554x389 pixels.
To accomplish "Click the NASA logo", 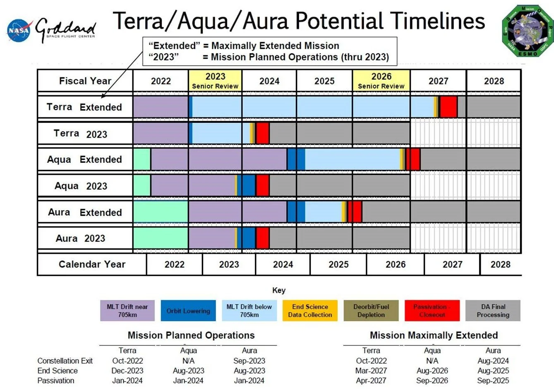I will [19, 30].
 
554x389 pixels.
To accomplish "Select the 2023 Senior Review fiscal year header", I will [215, 81].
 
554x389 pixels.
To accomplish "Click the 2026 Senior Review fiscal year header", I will [381, 81].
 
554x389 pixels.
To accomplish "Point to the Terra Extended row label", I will [84, 107].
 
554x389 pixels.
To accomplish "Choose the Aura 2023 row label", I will [81, 239].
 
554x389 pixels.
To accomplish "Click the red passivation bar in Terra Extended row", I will [448, 107].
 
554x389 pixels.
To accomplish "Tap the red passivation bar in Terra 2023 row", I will [262, 133].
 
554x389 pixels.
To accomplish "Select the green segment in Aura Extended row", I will [161, 212].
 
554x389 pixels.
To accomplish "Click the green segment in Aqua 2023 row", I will [142, 186].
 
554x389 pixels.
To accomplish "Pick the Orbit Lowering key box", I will [188, 311].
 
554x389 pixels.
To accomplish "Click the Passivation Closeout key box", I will [432, 311].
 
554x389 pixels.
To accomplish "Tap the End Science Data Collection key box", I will [310, 311].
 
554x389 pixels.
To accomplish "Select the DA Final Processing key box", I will [493, 311].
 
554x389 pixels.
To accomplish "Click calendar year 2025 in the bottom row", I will [338, 265].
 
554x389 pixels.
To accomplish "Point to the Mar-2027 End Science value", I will [371, 371].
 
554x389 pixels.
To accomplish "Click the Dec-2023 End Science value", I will [127, 371].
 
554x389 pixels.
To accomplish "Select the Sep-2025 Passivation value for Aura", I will [493, 381].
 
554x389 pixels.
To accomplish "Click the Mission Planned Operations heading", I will [191, 335].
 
